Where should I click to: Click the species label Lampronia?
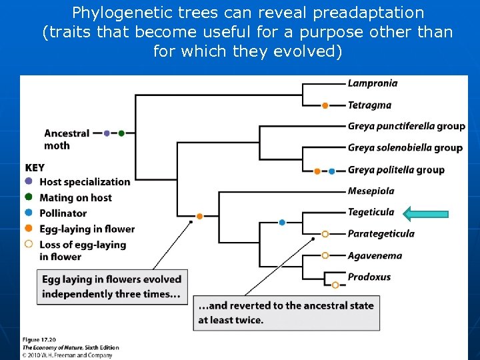(x=373, y=83)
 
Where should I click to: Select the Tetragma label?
(x=369, y=105)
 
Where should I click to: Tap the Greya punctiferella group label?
(x=406, y=126)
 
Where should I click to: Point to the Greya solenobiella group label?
(x=405, y=147)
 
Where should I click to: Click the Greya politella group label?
(x=396, y=169)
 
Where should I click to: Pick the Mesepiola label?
(x=371, y=191)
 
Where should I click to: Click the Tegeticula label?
(x=371, y=213)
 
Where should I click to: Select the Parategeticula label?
(x=381, y=234)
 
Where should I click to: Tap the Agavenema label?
(x=375, y=255)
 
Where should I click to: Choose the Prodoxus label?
(x=369, y=277)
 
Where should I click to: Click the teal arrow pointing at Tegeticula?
(x=426, y=213)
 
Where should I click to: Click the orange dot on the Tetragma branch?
(x=325, y=105)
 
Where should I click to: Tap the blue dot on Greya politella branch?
(x=331, y=171)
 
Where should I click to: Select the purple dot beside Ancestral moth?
(x=107, y=133)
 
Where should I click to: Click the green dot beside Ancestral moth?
(x=121, y=133)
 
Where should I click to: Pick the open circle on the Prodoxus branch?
(x=335, y=285)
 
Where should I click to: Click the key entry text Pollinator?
(x=63, y=213)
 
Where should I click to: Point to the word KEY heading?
(x=35, y=168)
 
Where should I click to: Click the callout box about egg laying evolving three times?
(x=112, y=286)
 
